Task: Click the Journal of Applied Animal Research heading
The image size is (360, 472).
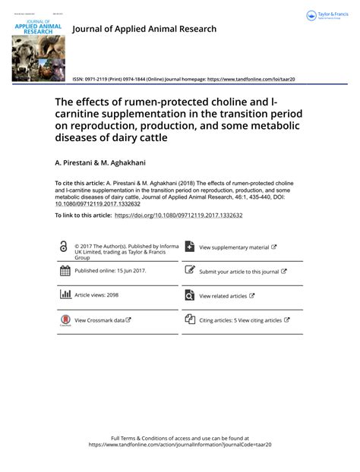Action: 144,29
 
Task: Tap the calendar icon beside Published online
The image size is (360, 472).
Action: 64,271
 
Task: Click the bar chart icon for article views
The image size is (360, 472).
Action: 64,295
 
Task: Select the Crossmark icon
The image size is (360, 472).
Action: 64,321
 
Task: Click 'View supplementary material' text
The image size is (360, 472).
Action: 234,247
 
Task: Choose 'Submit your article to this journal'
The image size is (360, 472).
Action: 239,271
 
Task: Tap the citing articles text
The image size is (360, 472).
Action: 240,320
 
